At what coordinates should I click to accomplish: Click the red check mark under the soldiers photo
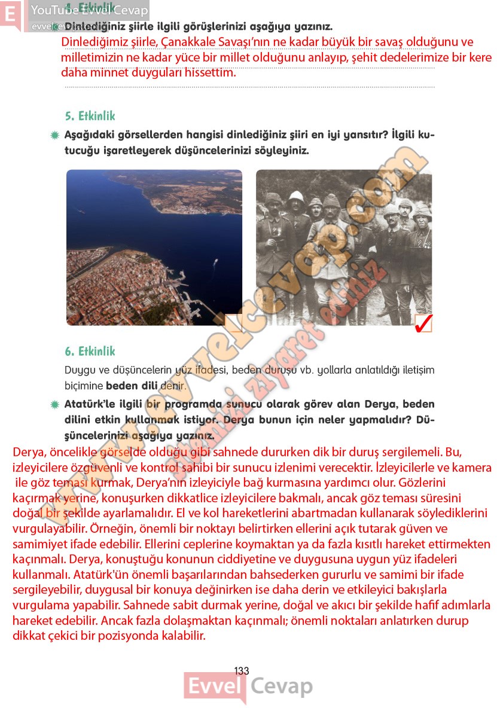(423, 322)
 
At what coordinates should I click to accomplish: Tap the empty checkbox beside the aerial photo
(233, 322)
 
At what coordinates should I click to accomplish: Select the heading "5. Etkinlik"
(90, 116)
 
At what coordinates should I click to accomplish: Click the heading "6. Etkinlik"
(90, 351)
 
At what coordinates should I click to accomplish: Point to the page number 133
(242, 671)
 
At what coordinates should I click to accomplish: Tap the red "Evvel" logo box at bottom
(214, 687)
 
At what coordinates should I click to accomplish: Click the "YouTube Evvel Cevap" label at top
(89, 10)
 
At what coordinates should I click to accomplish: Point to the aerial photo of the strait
(154, 247)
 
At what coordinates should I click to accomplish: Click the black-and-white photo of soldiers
(343, 247)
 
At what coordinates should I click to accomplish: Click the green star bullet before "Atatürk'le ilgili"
(56, 405)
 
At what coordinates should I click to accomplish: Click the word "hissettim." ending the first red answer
(211, 73)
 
